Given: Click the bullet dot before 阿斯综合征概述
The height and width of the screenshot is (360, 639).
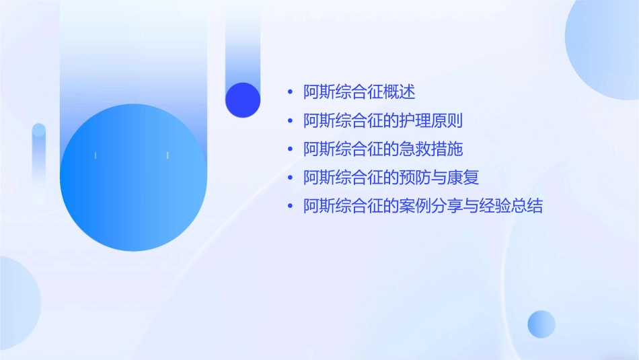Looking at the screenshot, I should pyautogui.click(x=290, y=93).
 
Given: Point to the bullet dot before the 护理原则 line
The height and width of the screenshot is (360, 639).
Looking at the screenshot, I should pyautogui.click(x=290, y=121).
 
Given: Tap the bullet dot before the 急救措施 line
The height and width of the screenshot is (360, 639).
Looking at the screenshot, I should pyautogui.click(x=290, y=149).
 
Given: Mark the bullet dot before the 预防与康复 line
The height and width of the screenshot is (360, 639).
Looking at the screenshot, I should pyautogui.click(x=290, y=178).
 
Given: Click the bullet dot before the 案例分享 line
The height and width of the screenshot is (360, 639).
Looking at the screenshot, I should pyautogui.click(x=290, y=206).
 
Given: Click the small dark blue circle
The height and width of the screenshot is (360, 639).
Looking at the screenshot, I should pyautogui.click(x=243, y=100).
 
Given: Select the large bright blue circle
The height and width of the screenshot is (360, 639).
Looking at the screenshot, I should pyautogui.click(x=133, y=178).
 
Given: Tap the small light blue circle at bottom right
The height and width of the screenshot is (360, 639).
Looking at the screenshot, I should pyautogui.click(x=541, y=324).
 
